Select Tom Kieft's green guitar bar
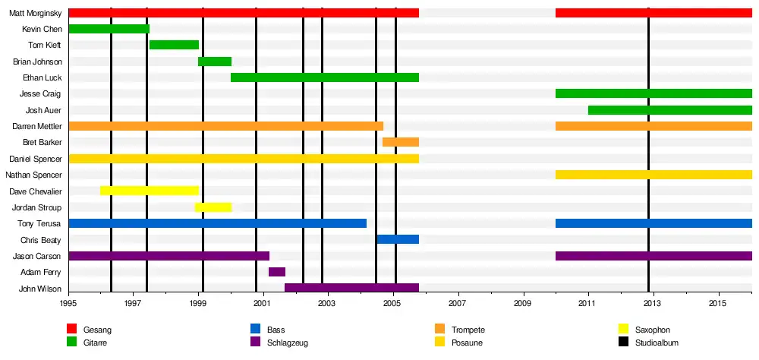tap(174, 45)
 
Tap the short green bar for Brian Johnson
tap(215, 62)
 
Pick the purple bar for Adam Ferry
tap(277, 272)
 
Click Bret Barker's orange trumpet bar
tap(401, 142)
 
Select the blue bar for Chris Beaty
tap(398, 239)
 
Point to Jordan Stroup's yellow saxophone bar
tap(213, 207)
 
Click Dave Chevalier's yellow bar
tap(150, 191)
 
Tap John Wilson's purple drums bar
tap(351, 288)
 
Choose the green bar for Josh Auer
tap(669, 110)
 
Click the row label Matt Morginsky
tap(35, 13)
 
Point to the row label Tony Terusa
tap(39, 223)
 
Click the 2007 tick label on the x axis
tap(458, 303)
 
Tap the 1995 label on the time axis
tap(68, 303)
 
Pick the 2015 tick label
tap(717, 303)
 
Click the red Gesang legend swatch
tap(72, 329)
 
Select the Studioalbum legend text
tap(657, 343)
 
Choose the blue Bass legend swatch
tap(256, 329)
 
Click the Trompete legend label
tap(468, 330)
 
